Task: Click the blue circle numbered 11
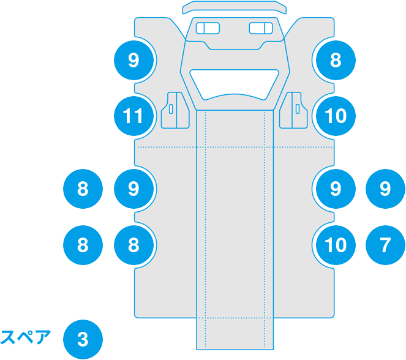[x=133, y=115]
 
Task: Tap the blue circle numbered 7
[x=385, y=245]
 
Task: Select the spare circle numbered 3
[x=83, y=339]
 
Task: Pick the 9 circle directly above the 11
[x=133, y=60]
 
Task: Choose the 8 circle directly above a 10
[x=335, y=60]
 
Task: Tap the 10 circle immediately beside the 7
[x=335, y=245]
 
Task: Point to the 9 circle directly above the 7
[x=385, y=189]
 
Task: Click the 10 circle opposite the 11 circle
[x=335, y=115]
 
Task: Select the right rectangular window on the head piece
[x=261, y=28]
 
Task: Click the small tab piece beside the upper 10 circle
[x=295, y=110]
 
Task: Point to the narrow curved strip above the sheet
[x=235, y=7]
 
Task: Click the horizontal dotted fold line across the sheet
[x=165, y=148]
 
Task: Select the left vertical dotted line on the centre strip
[x=205, y=233]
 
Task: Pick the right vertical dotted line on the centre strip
[x=265, y=233]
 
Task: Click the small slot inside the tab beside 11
[x=171, y=110]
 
